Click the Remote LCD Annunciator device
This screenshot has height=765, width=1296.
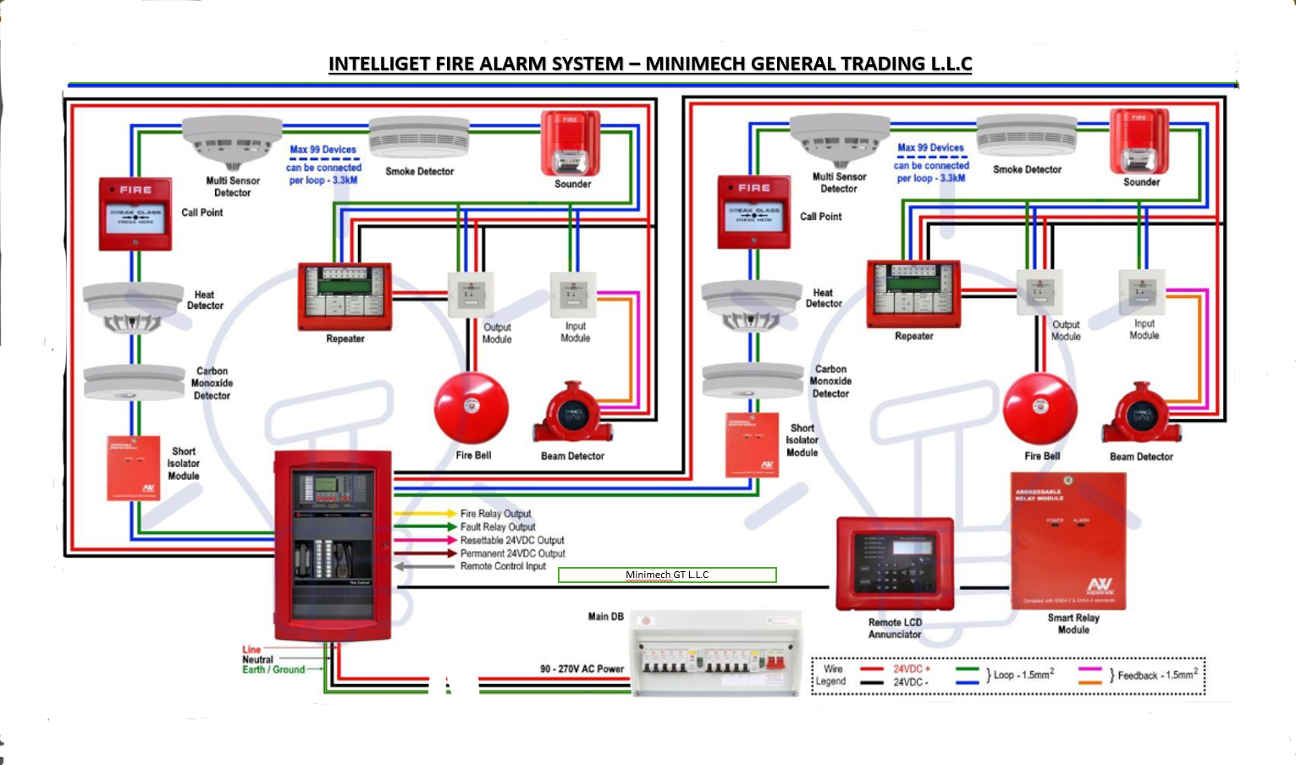coord(895,564)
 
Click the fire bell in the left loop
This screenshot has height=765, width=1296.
coord(472,409)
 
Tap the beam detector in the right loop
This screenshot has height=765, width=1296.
coord(1140,416)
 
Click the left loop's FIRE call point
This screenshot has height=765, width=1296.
coord(135,214)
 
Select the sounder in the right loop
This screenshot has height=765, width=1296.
coord(1139,141)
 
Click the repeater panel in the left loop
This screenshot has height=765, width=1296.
coord(345,296)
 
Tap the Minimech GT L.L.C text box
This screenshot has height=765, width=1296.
coord(667,575)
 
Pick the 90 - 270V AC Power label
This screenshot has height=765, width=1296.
coord(582,669)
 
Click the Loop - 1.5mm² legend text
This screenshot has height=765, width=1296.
coord(1023,674)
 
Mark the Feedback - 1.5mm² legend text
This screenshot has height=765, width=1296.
coord(1157,675)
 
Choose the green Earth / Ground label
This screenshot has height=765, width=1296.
coord(273,669)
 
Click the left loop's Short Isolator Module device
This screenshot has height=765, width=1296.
coord(133,468)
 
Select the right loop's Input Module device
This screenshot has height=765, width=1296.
coord(1142,293)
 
